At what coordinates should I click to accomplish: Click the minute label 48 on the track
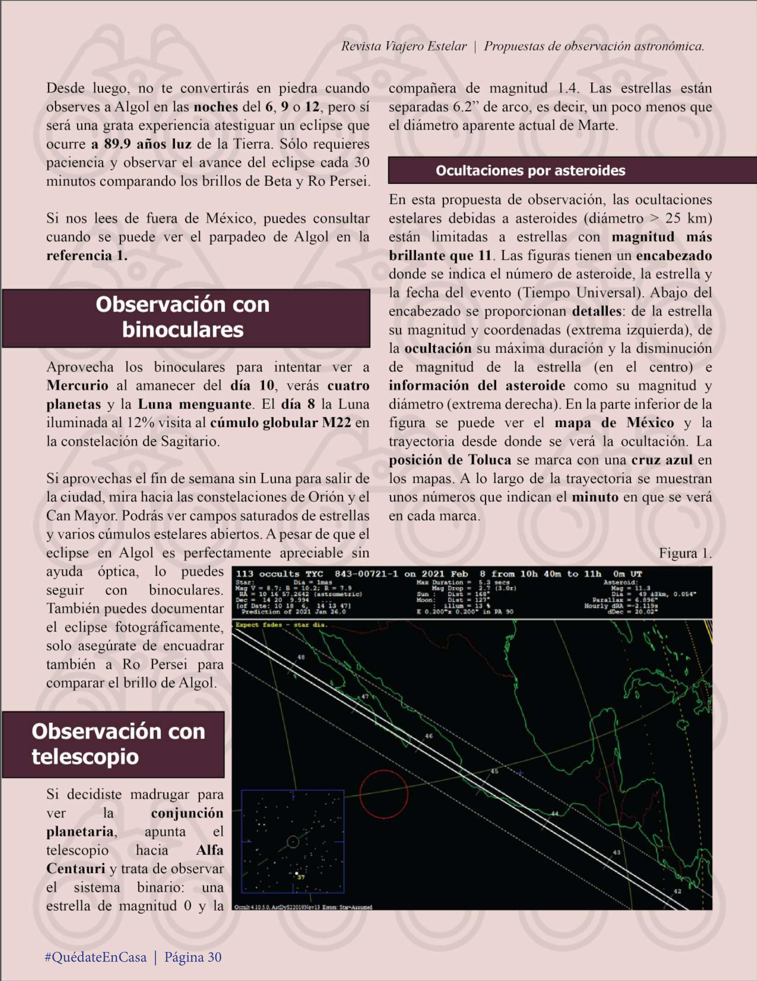click(301, 657)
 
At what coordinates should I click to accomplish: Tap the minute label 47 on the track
click(365, 697)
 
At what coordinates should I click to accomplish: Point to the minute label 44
click(555, 813)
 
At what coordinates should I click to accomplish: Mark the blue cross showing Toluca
click(520, 773)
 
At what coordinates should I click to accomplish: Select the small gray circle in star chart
click(293, 841)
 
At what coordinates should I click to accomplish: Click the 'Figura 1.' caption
click(685, 553)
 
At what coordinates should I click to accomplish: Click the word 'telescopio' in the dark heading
click(85, 756)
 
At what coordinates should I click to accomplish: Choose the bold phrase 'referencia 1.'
click(87, 256)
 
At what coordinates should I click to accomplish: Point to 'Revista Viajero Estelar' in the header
click(403, 46)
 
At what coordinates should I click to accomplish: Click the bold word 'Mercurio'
click(77, 385)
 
